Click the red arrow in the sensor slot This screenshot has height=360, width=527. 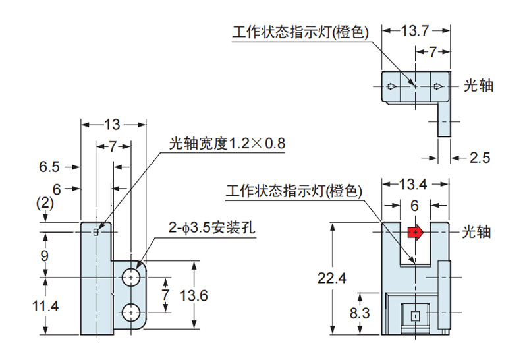coord(416,232)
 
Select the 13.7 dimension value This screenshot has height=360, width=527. coord(416,30)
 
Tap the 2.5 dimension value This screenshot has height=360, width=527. coord(480,158)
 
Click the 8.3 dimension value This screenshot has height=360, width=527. coord(360,313)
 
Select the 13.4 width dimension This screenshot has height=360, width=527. coord(415,185)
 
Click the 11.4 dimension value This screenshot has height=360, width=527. coord(45,306)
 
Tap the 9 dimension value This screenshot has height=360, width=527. coord(45,255)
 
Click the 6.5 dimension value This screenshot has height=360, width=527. coord(49,167)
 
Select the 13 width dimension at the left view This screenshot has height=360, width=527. coord(113,124)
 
